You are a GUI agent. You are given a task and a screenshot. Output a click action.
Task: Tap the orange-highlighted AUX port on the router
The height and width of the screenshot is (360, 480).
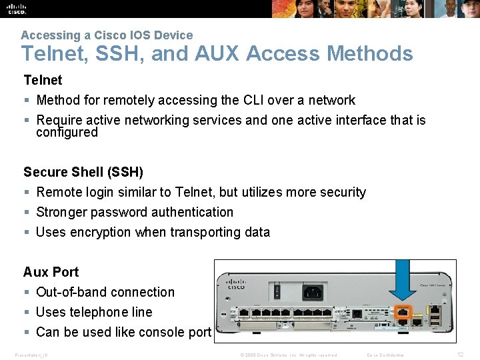coord(401,312)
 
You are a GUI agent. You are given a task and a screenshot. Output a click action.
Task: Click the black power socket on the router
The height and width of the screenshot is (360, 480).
coord(313,291)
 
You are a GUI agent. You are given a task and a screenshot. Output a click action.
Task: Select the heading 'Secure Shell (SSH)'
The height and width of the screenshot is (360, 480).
coord(83,172)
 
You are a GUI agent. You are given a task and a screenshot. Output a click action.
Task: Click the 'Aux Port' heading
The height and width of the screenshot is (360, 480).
coord(51,272)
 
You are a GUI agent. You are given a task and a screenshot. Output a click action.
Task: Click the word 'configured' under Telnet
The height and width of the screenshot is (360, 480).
coord(67,133)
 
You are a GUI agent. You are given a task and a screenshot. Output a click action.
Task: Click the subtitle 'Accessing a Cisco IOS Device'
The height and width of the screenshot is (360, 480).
coord(107,35)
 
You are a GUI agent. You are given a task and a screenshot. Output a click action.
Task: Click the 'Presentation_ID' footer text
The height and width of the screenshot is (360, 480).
coord(31,355)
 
